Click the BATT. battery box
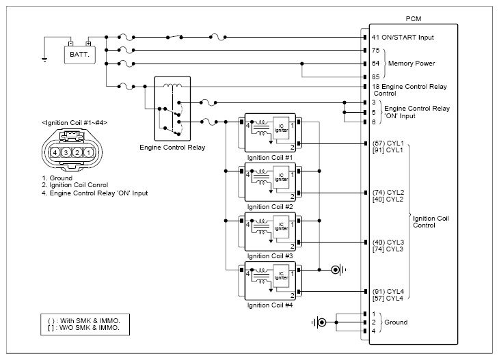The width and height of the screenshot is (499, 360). click(x=79, y=55)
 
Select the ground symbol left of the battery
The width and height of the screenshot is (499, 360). click(x=44, y=59)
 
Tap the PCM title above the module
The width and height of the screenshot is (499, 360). click(x=414, y=18)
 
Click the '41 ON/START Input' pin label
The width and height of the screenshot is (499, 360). click(x=403, y=37)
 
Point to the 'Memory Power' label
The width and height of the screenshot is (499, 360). click(x=412, y=64)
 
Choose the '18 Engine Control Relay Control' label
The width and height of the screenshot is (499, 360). click(x=409, y=89)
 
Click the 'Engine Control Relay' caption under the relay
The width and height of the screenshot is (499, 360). click(x=172, y=148)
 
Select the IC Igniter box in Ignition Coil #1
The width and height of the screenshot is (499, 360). click(x=281, y=128)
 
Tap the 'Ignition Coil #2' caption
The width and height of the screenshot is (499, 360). click(x=270, y=207)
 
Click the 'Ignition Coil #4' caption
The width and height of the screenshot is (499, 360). click(x=270, y=305)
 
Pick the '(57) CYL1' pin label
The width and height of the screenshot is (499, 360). click(x=388, y=143)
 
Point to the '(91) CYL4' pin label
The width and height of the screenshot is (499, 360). click(x=388, y=291)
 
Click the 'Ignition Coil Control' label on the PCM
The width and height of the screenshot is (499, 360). click(x=431, y=221)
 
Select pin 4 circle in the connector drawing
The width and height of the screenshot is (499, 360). click(x=55, y=152)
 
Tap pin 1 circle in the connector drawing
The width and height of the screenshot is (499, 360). click(x=88, y=152)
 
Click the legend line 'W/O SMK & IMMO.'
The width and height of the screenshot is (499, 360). click(x=84, y=328)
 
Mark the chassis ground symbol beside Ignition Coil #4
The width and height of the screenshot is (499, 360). click(x=338, y=270)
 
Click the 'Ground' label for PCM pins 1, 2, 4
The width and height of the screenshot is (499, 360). click(x=396, y=322)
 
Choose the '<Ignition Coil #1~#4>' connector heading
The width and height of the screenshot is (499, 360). click(x=75, y=123)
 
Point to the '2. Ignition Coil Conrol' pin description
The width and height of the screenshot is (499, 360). click(x=75, y=185)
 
